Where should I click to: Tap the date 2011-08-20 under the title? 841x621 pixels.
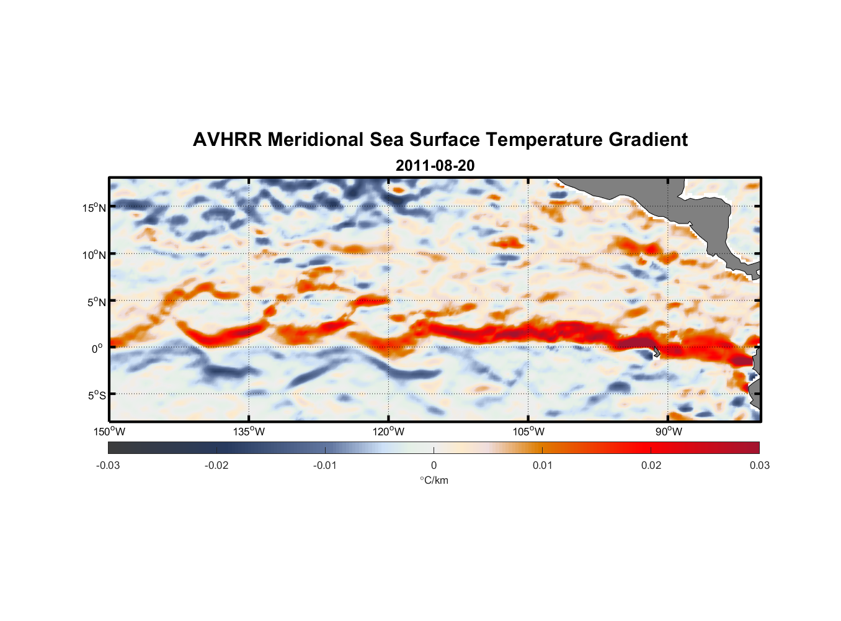pyautogui.click(x=435, y=166)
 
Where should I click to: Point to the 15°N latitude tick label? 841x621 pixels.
pyautogui.click(x=94, y=208)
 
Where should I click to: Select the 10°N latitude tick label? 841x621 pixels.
pyautogui.click(x=94, y=255)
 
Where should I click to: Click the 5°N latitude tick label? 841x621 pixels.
pyautogui.click(x=96, y=302)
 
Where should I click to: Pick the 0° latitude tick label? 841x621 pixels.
pyautogui.click(x=97, y=349)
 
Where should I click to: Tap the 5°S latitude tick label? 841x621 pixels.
pyautogui.click(x=96, y=396)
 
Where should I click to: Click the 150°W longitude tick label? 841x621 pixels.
pyautogui.click(x=110, y=432)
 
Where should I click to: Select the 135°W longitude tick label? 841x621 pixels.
pyautogui.click(x=249, y=432)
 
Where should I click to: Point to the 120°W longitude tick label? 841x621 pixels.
pyautogui.click(x=389, y=432)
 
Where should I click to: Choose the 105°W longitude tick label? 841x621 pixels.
pyautogui.click(x=528, y=432)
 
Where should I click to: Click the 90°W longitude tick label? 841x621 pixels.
pyautogui.click(x=669, y=432)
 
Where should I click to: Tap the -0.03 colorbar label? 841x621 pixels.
pyautogui.click(x=108, y=466)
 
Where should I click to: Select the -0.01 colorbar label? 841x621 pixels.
pyautogui.click(x=325, y=466)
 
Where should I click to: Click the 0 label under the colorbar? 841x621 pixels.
pyautogui.click(x=434, y=466)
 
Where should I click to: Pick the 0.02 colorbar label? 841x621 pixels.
pyautogui.click(x=651, y=466)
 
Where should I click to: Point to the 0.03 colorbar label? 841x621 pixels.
pyautogui.click(x=759, y=466)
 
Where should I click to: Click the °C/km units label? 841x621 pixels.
pyautogui.click(x=434, y=481)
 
